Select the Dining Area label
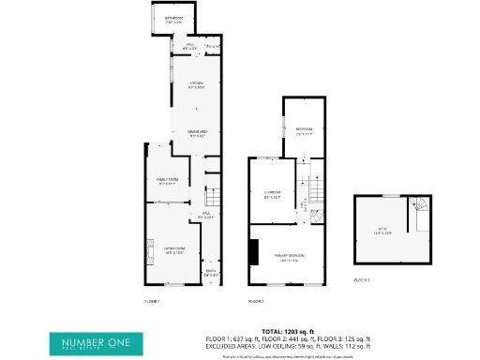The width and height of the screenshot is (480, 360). [x=197, y=134]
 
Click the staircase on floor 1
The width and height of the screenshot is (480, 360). [x=209, y=178]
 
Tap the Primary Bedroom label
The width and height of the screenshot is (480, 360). [x=286, y=259]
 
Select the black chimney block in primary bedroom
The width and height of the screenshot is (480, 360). [x=252, y=252]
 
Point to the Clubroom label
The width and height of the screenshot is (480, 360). [x=273, y=195]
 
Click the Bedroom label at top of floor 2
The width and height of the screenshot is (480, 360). [x=304, y=130]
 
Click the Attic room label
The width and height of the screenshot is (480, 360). [x=382, y=232]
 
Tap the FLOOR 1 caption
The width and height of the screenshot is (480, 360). [x=153, y=301]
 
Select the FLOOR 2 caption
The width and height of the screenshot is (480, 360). [x=256, y=301]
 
